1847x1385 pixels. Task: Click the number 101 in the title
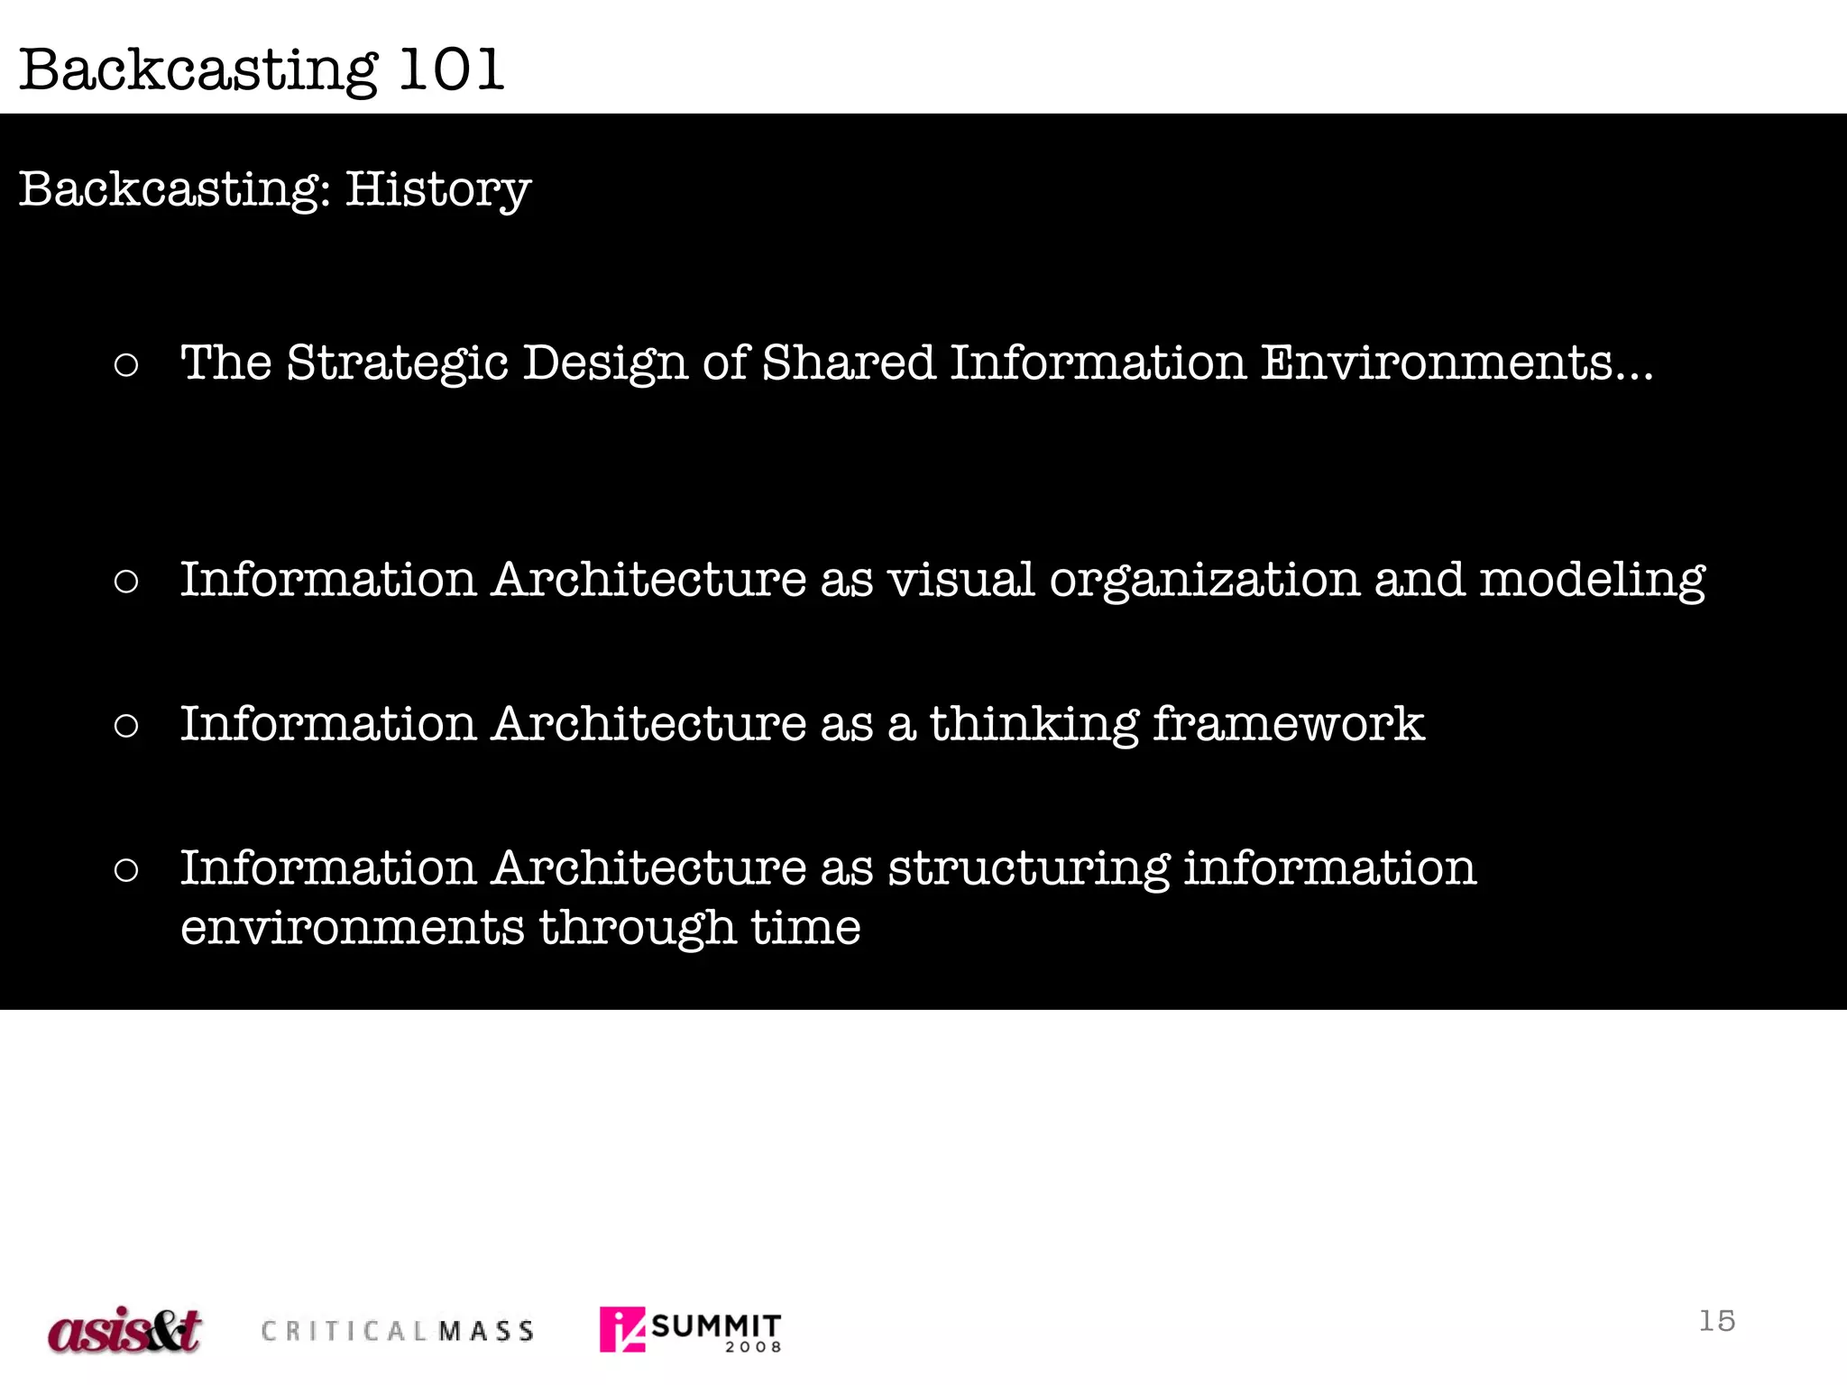[x=451, y=69]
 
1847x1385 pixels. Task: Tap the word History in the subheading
[x=438, y=190]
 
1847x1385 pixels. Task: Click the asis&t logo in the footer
[x=124, y=1330]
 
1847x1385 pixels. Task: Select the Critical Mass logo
[x=398, y=1331]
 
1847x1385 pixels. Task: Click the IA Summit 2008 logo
[x=690, y=1330]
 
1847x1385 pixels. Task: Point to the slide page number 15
[x=1716, y=1321]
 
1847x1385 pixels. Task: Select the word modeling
[x=1592, y=580]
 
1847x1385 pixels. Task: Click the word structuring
[x=1029, y=869]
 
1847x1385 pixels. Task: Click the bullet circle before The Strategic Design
[x=127, y=365]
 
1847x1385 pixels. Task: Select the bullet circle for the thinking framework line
[x=127, y=726]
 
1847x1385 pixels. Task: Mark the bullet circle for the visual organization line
[x=127, y=582]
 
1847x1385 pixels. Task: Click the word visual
[x=960, y=580]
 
